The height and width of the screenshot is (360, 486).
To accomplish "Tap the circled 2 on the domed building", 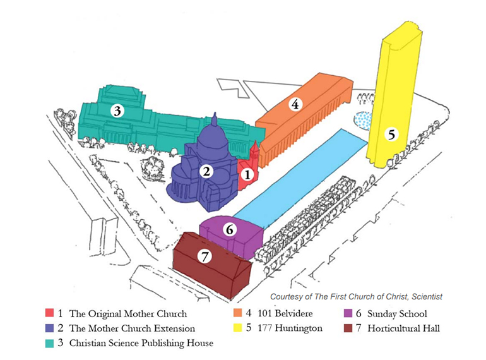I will tap(206, 171).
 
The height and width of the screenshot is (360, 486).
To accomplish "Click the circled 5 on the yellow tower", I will tap(392, 134).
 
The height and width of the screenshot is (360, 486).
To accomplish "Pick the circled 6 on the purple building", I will tap(230, 230).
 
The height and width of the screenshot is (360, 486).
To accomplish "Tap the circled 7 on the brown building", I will tap(204, 256).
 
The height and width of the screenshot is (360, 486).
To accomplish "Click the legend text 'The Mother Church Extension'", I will tap(132, 328).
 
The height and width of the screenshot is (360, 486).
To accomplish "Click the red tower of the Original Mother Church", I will tap(254, 152).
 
